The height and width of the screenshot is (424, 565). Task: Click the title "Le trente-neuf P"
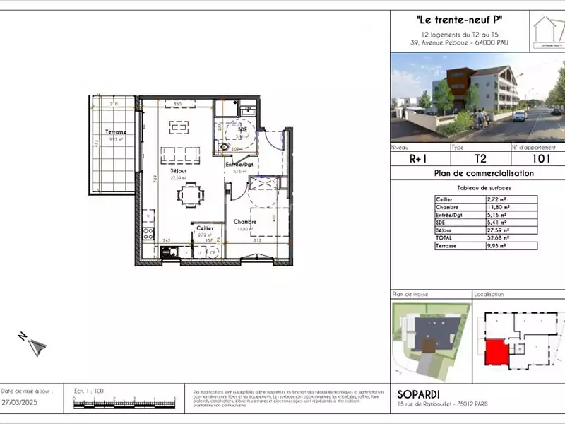pyautogui.click(x=460, y=20)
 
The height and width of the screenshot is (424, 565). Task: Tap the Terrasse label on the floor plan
pyautogui.click(x=116, y=132)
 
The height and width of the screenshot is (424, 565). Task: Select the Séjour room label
pyautogui.click(x=178, y=171)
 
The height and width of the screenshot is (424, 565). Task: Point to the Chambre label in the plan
pyautogui.click(x=244, y=222)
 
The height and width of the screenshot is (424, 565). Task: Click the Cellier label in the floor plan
pyautogui.click(x=205, y=228)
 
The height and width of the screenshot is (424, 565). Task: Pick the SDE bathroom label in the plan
pyautogui.click(x=243, y=130)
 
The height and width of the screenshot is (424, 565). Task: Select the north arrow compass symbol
pyautogui.click(x=35, y=346)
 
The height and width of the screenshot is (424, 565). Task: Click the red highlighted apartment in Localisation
pyautogui.click(x=495, y=351)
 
